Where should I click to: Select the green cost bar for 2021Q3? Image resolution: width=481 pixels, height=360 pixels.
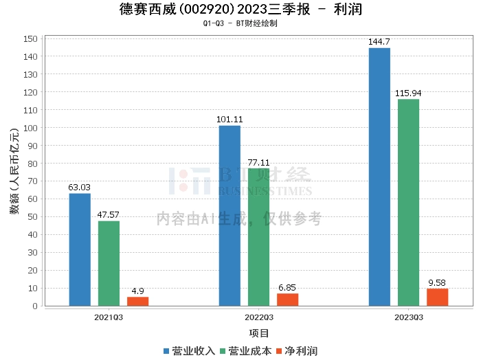(109, 263)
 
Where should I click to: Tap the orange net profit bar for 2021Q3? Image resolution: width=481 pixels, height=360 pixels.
(137, 302)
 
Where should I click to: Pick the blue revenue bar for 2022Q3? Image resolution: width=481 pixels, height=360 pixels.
(230, 216)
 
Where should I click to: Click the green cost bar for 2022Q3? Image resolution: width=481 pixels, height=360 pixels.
(258, 237)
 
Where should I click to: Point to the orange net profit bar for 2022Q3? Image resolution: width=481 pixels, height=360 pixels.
(287, 300)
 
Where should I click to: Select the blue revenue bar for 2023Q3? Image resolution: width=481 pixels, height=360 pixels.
(379, 177)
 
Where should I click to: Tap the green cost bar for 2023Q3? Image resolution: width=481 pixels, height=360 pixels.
(408, 203)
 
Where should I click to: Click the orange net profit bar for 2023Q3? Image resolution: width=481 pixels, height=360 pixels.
(437, 297)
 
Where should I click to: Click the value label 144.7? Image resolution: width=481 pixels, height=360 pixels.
(379, 42)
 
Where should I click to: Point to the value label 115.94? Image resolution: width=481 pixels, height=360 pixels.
(408, 93)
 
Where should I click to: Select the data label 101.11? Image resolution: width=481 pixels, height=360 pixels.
(230, 120)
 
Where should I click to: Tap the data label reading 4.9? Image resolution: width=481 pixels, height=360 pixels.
(137, 291)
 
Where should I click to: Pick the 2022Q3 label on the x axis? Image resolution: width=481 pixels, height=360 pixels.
(258, 317)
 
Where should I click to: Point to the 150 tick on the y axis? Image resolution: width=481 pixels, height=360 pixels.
(30, 38)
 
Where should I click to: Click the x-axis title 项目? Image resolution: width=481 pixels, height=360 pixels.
(259, 333)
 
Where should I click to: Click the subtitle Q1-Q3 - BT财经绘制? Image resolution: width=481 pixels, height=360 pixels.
(240, 23)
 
